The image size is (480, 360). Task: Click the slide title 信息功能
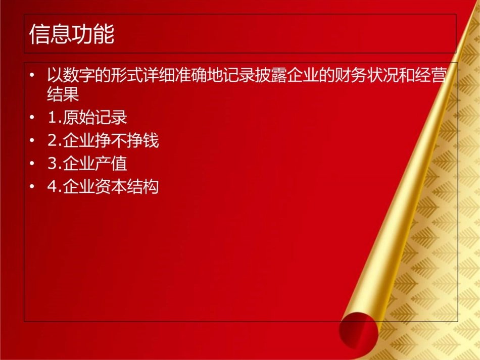(x=72, y=35)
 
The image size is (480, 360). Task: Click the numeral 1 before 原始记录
(x=52, y=118)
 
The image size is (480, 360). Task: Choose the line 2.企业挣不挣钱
(x=103, y=141)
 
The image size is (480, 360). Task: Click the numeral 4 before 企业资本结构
(x=52, y=187)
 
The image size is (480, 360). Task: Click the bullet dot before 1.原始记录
(x=33, y=118)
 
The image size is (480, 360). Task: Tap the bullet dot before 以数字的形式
(x=33, y=77)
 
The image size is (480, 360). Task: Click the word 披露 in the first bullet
(x=282, y=76)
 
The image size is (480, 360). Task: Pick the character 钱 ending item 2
(x=151, y=141)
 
